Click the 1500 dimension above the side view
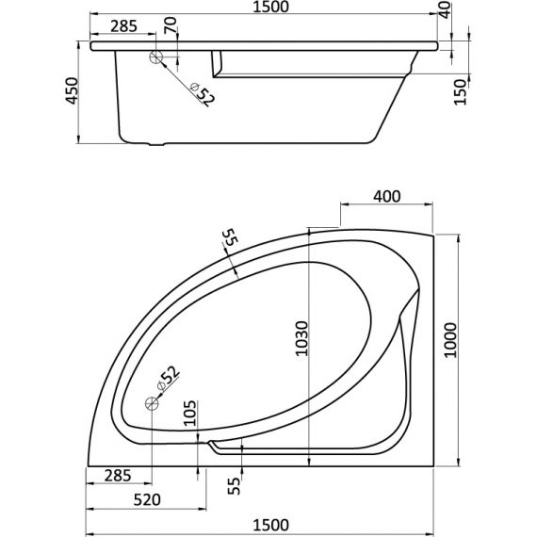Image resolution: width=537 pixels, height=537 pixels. [x=270, y=7]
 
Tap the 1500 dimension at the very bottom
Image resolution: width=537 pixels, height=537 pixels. [x=270, y=525]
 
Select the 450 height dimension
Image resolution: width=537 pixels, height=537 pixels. [x=73, y=90]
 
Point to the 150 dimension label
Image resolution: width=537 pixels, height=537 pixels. [x=461, y=91]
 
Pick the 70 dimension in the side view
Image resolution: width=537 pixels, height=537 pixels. [x=171, y=25]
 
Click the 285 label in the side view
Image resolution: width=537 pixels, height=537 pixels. [x=123, y=26]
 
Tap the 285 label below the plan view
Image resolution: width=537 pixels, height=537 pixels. [x=118, y=476]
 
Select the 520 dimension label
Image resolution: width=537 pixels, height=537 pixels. [x=147, y=500]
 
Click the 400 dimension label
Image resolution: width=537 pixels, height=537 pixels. [x=386, y=197]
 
